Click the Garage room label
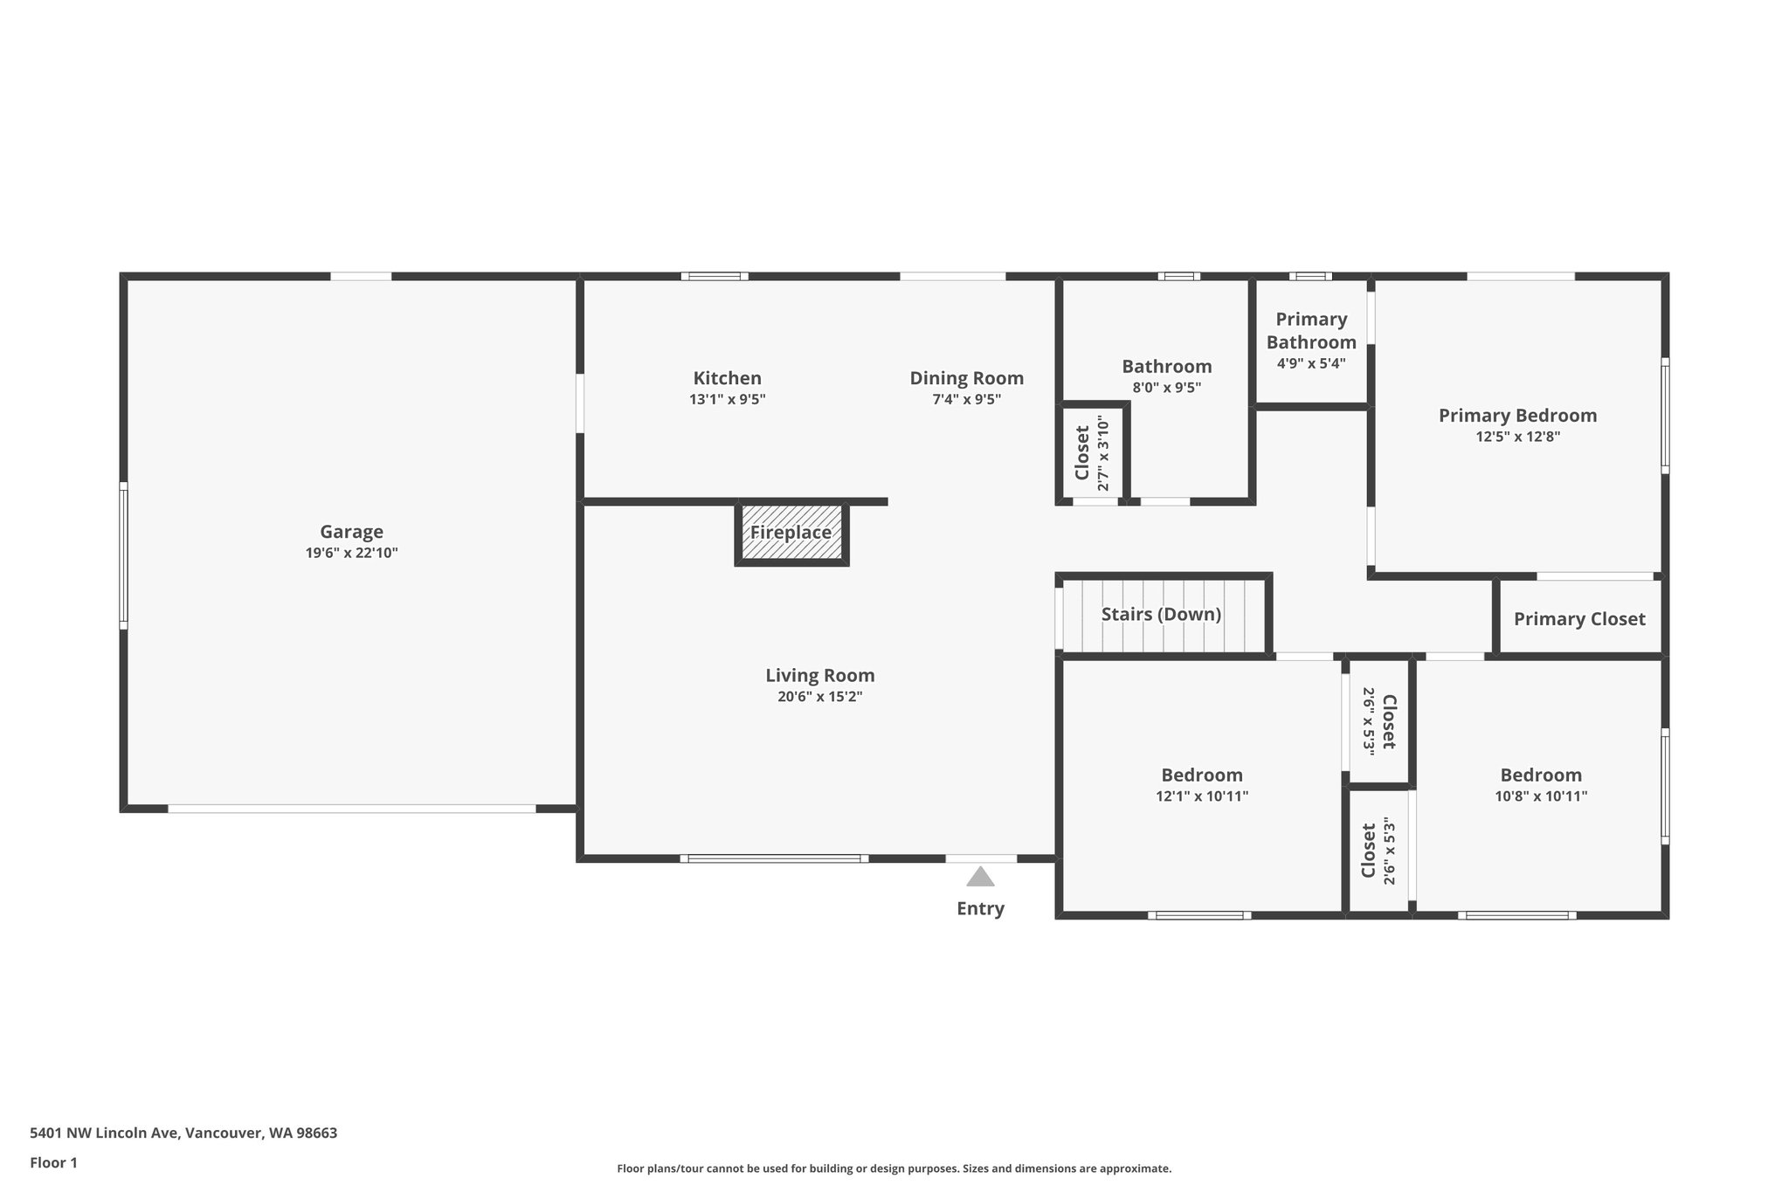(x=351, y=532)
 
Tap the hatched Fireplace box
(x=791, y=533)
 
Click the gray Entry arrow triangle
(x=980, y=876)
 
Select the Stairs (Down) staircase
(x=1161, y=615)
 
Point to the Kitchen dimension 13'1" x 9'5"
(x=727, y=400)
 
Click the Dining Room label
(x=966, y=378)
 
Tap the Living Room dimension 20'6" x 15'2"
(x=819, y=697)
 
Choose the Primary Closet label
(x=1578, y=619)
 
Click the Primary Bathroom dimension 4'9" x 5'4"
(x=1310, y=363)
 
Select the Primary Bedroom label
(x=1517, y=416)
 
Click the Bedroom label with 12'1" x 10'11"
(x=1201, y=775)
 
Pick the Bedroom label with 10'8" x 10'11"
(x=1541, y=775)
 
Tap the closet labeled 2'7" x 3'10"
(x=1092, y=453)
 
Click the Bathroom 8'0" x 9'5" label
(x=1166, y=367)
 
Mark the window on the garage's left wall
(x=123, y=555)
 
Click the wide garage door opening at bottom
(x=351, y=809)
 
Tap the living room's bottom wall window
(x=774, y=858)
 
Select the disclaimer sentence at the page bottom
(x=894, y=1168)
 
